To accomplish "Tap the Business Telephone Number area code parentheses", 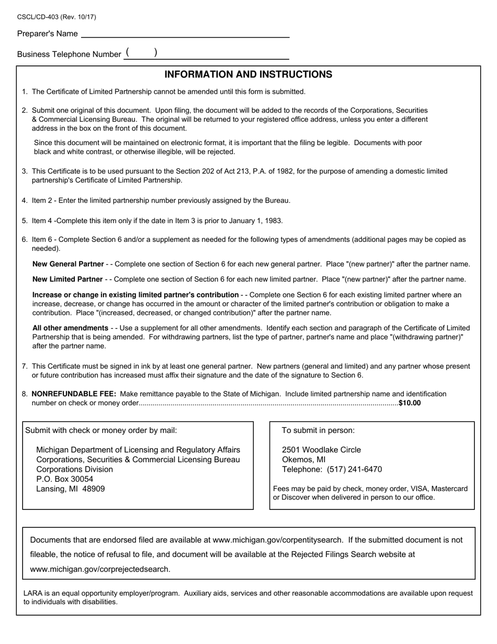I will pyautogui.click(x=141, y=53).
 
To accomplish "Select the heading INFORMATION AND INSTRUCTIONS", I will pyautogui.click(x=248, y=74).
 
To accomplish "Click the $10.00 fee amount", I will pyautogui.click(x=409, y=403).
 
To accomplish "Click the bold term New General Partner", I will pyautogui.click(x=67, y=264).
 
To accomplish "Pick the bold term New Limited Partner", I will pyautogui.click(x=67, y=279).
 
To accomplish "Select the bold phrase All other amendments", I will pyautogui.click(x=70, y=328).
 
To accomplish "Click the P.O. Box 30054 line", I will pyautogui.click(x=64, y=479).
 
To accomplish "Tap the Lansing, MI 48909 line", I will pyautogui.click(x=70, y=488).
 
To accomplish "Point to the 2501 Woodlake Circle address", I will pyautogui.click(x=321, y=450).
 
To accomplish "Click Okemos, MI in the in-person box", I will pyautogui.click(x=303, y=460).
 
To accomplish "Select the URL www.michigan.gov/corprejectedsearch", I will pyautogui.click(x=100, y=569).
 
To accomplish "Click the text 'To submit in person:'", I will pyautogui.click(x=318, y=430).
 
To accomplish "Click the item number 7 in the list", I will pyautogui.click(x=25, y=367).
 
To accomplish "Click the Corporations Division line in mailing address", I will pyautogui.click(x=74, y=469).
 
